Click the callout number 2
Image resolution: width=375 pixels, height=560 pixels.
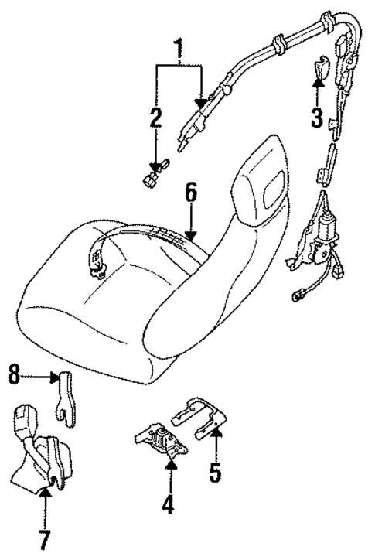coord(156,118)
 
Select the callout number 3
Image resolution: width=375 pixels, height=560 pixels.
coord(315,118)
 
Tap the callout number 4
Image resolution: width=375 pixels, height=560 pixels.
coord(169,507)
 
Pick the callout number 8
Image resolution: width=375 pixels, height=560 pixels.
coord(13,377)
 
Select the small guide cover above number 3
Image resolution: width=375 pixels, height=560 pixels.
coord(320,70)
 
